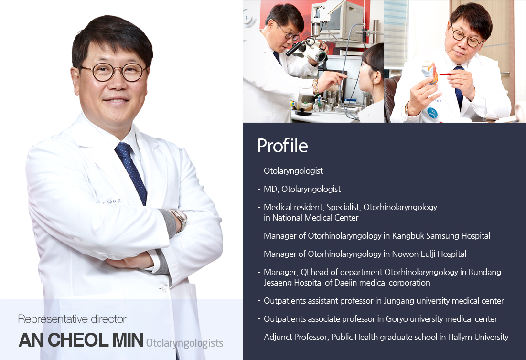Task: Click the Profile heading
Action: (282, 146)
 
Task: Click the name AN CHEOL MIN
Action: (81, 340)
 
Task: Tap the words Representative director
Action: (72, 319)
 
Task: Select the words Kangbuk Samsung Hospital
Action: (441, 236)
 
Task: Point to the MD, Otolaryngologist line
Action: (302, 189)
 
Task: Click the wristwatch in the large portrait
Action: (180, 220)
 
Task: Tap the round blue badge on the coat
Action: (432, 113)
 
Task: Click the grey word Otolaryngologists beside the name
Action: (185, 343)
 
